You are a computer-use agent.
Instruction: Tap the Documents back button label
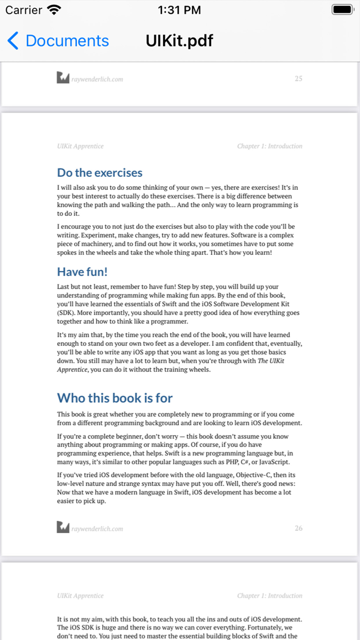point(67,41)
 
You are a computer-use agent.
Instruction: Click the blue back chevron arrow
point(13,40)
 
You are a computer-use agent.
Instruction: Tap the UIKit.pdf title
point(179,41)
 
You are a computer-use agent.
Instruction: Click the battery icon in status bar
point(343,10)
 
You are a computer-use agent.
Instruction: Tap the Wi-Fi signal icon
point(54,10)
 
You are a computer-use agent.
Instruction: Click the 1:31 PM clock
point(179,10)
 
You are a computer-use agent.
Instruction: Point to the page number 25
point(298,78)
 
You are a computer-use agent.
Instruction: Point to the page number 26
point(298,528)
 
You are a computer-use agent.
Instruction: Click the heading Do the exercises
point(100,173)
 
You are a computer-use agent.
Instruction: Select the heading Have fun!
point(82,272)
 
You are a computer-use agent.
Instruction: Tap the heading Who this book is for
point(115,398)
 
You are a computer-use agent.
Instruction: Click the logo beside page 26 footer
point(63,527)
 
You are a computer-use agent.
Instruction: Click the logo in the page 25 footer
point(63,77)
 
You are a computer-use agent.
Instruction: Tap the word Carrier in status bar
point(24,10)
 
